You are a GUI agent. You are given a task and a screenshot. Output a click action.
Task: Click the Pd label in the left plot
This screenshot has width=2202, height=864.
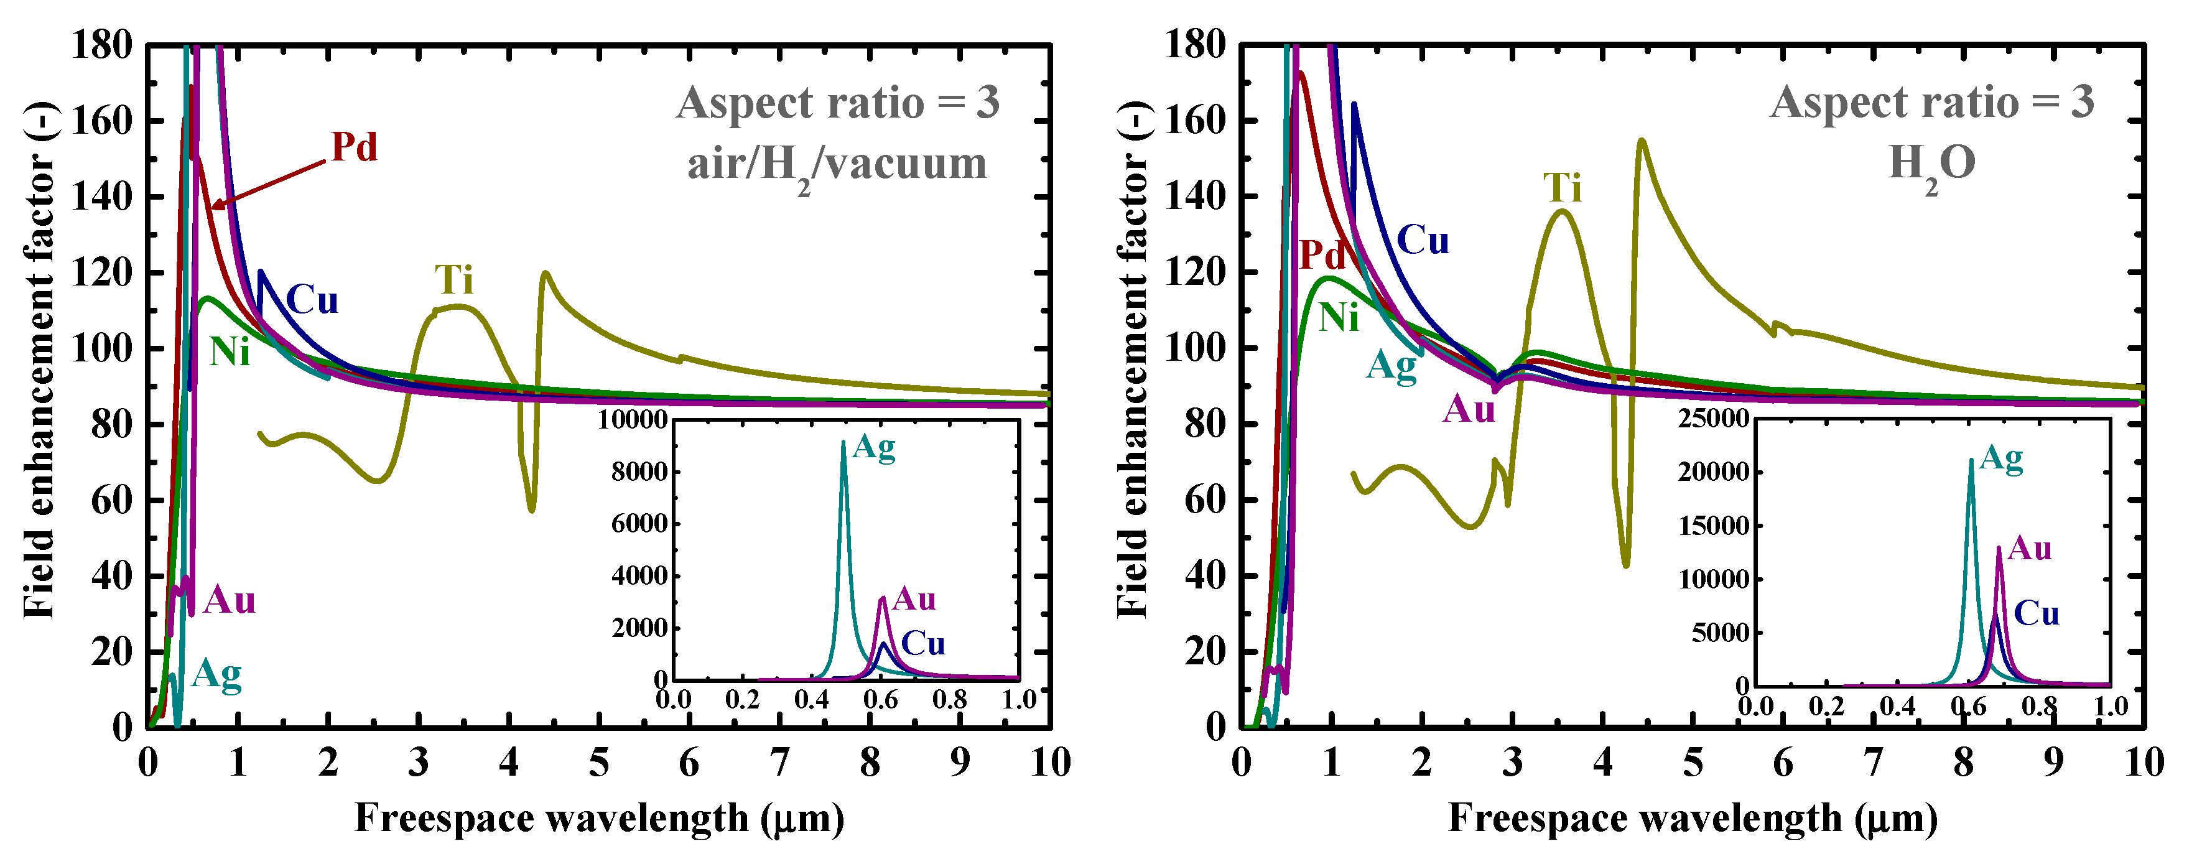[x=354, y=148]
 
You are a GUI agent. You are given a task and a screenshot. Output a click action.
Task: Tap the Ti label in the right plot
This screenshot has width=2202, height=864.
[x=1563, y=188]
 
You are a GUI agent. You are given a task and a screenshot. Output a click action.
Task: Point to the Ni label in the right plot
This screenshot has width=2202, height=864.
[x=1339, y=318]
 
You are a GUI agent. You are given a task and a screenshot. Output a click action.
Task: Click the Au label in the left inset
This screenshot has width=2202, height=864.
[x=914, y=599]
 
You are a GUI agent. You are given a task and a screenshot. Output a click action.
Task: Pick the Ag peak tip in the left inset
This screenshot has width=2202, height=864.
[x=843, y=443]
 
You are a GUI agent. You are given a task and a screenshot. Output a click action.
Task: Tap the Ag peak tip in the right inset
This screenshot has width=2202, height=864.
[x=1971, y=460]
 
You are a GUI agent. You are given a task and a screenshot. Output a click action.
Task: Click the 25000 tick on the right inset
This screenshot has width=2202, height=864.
[x=1713, y=419]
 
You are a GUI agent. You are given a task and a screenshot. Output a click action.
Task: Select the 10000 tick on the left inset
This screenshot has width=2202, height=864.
[x=632, y=420]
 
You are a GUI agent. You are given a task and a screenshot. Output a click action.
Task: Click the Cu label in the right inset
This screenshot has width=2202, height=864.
[x=2036, y=613]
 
